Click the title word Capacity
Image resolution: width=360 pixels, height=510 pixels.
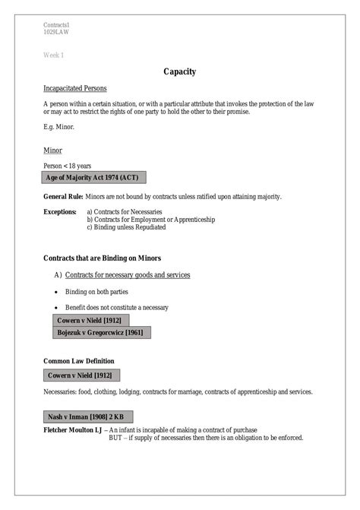[x=180, y=72]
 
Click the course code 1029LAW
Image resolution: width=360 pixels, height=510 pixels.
[x=56, y=32]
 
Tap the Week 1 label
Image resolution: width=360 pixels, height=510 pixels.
[x=53, y=55]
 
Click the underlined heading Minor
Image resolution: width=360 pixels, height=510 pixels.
[x=52, y=150]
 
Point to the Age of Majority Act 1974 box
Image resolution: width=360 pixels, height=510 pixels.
[x=93, y=178]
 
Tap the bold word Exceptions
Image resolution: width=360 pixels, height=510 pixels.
[x=60, y=211]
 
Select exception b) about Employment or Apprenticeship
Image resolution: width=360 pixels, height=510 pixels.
[x=151, y=219]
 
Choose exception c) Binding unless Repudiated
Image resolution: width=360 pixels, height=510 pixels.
[x=126, y=226]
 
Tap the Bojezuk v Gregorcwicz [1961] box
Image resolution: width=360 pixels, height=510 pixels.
[x=100, y=332]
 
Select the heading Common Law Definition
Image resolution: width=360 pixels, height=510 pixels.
[x=79, y=360]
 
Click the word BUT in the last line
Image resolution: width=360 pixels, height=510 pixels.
[x=116, y=438]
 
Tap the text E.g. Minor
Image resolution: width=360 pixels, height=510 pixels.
[x=58, y=127]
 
